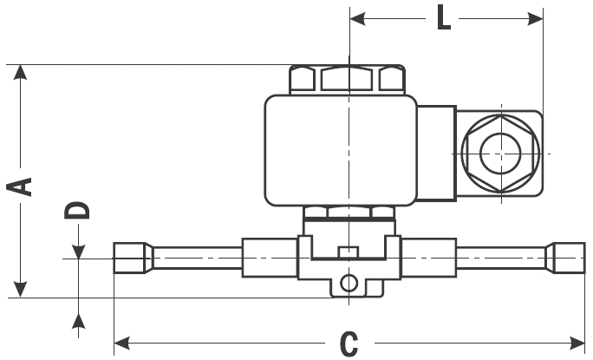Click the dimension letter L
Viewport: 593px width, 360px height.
(443, 18)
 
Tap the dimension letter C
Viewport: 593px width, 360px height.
(349, 344)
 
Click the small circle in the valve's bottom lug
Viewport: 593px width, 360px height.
(349, 283)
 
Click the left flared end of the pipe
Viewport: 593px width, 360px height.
(130, 258)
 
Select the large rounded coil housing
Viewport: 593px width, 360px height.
(342, 149)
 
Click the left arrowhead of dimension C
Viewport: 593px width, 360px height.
(122, 339)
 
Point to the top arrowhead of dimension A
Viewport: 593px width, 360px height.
(22, 73)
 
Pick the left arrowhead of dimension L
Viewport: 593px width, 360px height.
(357, 16)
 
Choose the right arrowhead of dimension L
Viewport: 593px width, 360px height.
(535, 16)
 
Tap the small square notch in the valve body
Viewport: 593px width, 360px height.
(349, 252)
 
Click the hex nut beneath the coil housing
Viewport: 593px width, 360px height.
(347, 213)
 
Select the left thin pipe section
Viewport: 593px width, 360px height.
(198, 258)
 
